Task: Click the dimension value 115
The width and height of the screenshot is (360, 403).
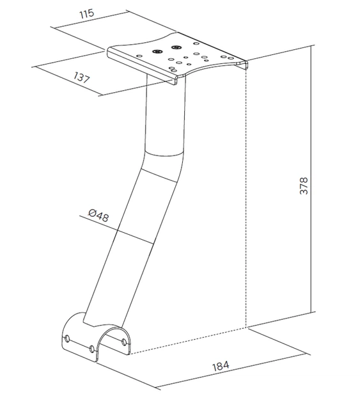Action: pyautogui.click(x=86, y=13)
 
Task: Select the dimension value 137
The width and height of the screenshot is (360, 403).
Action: pyautogui.click(x=82, y=77)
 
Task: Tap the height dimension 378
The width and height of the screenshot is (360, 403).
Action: pyautogui.click(x=304, y=186)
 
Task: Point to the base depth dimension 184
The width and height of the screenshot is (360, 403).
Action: pyautogui.click(x=221, y=366)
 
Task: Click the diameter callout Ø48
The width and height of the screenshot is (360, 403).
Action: pyautogui.click(x=98, y=215)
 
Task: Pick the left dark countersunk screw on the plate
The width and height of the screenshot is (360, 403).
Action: pyautogui.click(x=156, y=51)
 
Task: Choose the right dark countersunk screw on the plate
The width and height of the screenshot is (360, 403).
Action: pyautogui.click(x=176, y=47)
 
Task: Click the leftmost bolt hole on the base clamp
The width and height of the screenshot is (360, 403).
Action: pyautogui.click(x=67, y=338)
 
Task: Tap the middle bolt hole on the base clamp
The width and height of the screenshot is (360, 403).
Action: pyautogui.click(x=91, y=349)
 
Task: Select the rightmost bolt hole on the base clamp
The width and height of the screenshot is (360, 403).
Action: pyautogui.click(x=124, y=342)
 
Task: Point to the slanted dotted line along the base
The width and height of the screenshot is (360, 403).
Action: pyautogui.click(x=189, y=341)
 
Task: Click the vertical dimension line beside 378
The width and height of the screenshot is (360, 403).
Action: pyautogui.click(x=311, y=179)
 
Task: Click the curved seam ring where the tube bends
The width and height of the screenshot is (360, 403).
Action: pyautogui.click(x=164, y=154)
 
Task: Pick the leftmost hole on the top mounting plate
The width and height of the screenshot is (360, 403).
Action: pyautogui.click(x=139, y=55)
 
